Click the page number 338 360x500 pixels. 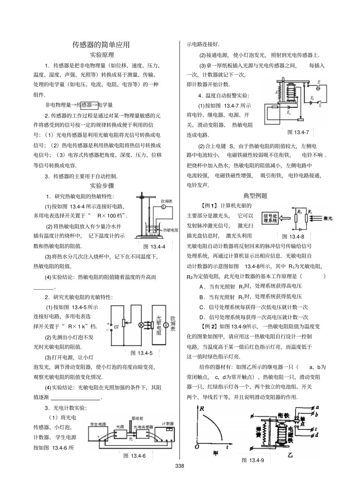(x=180, y=466)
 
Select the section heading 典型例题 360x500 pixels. (x=255, y=196)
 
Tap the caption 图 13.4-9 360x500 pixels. (x=253, y=460)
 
